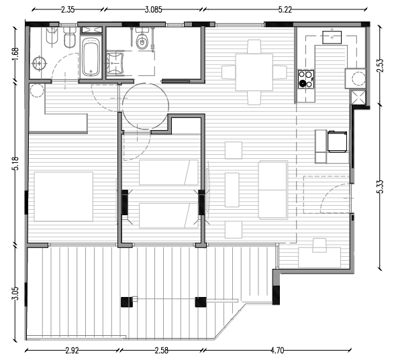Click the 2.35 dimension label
[x=67, y=10]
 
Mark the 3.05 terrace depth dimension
[x=15, y=294]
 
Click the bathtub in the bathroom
[x=90, y=58]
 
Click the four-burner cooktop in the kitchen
[x=306, y=79]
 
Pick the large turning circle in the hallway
[x=145, y=105]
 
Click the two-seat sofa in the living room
[x=273, y=191]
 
